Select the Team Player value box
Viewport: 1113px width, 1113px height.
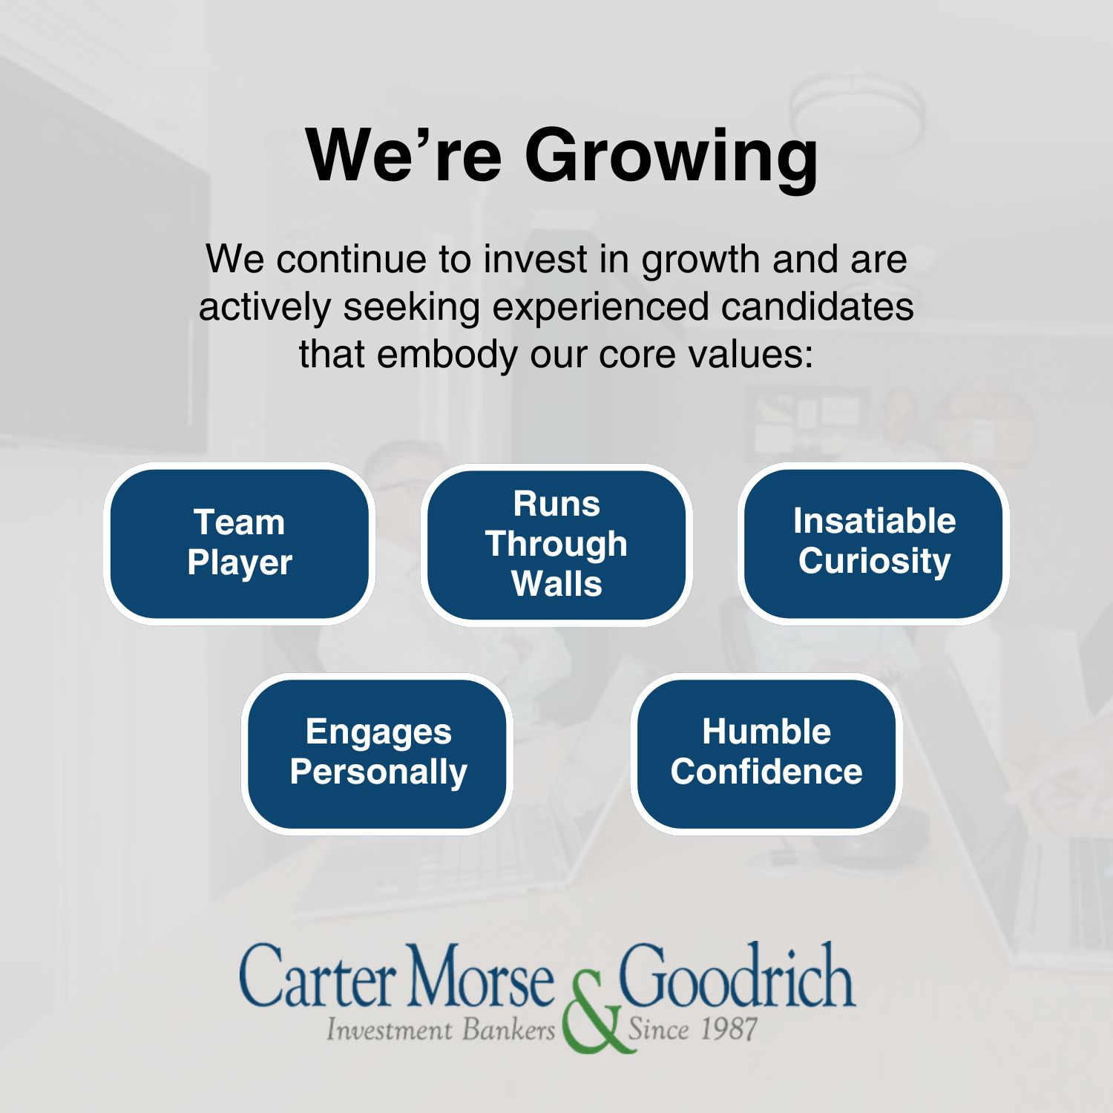[x=240, y=544]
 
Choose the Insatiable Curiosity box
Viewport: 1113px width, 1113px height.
[x=874, y=543]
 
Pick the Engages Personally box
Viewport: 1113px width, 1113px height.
[x=378, y=754]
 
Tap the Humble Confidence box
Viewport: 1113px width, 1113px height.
[x=766, y=754]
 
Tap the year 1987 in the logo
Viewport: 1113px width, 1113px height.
[x=729, y=1030]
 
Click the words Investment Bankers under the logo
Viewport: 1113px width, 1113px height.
[x=441, y=1030]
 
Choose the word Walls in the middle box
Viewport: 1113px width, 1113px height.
[x=556, y=583]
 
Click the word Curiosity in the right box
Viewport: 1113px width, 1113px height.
[x=874, y=562]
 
